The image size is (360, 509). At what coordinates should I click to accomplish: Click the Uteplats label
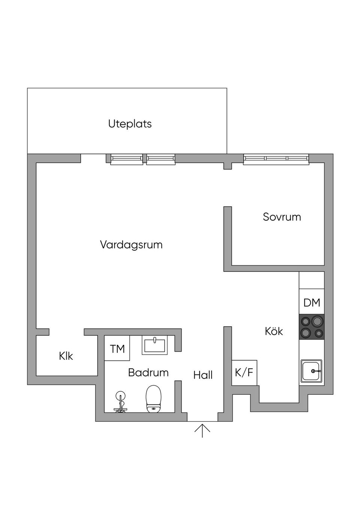(x=130, y=124)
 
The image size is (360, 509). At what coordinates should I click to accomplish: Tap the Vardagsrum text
(x=131, y=245)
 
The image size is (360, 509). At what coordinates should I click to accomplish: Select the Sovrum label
(x=282, y=217)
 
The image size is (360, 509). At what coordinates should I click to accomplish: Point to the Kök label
(x=274, y=331)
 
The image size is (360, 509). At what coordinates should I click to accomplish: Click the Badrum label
(x=148, y=373)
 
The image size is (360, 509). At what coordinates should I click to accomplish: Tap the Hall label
(x=203, y=375)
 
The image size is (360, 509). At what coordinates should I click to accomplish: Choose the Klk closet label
(x=66, y=356)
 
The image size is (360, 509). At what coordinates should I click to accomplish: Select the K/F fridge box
(x=244, y=373)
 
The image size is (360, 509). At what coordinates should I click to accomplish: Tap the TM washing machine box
(x=117, y=349)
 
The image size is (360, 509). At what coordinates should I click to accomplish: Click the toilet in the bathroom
(x=153, y=399)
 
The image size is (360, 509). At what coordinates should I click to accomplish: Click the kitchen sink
(x=311, y=371)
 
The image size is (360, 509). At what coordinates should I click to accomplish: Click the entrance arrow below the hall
(x=202, y=430)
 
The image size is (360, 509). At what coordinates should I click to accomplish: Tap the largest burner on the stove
(x=318, y=321)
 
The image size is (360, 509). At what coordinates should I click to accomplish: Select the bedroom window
(x=276, y=159)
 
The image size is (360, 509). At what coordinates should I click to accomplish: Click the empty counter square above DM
(x=312, y=280)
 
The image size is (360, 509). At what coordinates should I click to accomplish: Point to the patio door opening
(x=93, y=159)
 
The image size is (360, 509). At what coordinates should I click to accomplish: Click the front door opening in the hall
(x=202, y=417)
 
